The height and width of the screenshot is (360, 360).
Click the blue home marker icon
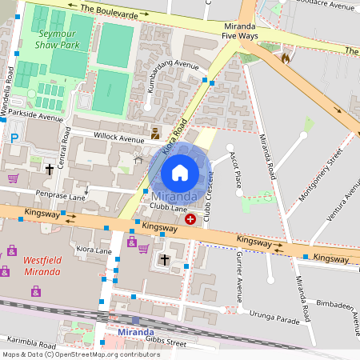pos(180,172)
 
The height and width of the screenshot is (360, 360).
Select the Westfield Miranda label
pos(41,266)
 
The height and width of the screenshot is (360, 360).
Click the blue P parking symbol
pos(14,138)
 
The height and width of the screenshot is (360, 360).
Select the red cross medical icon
pos(190,218)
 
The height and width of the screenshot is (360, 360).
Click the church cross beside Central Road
pos(50,170)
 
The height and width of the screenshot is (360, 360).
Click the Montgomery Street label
pos(315,174)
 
